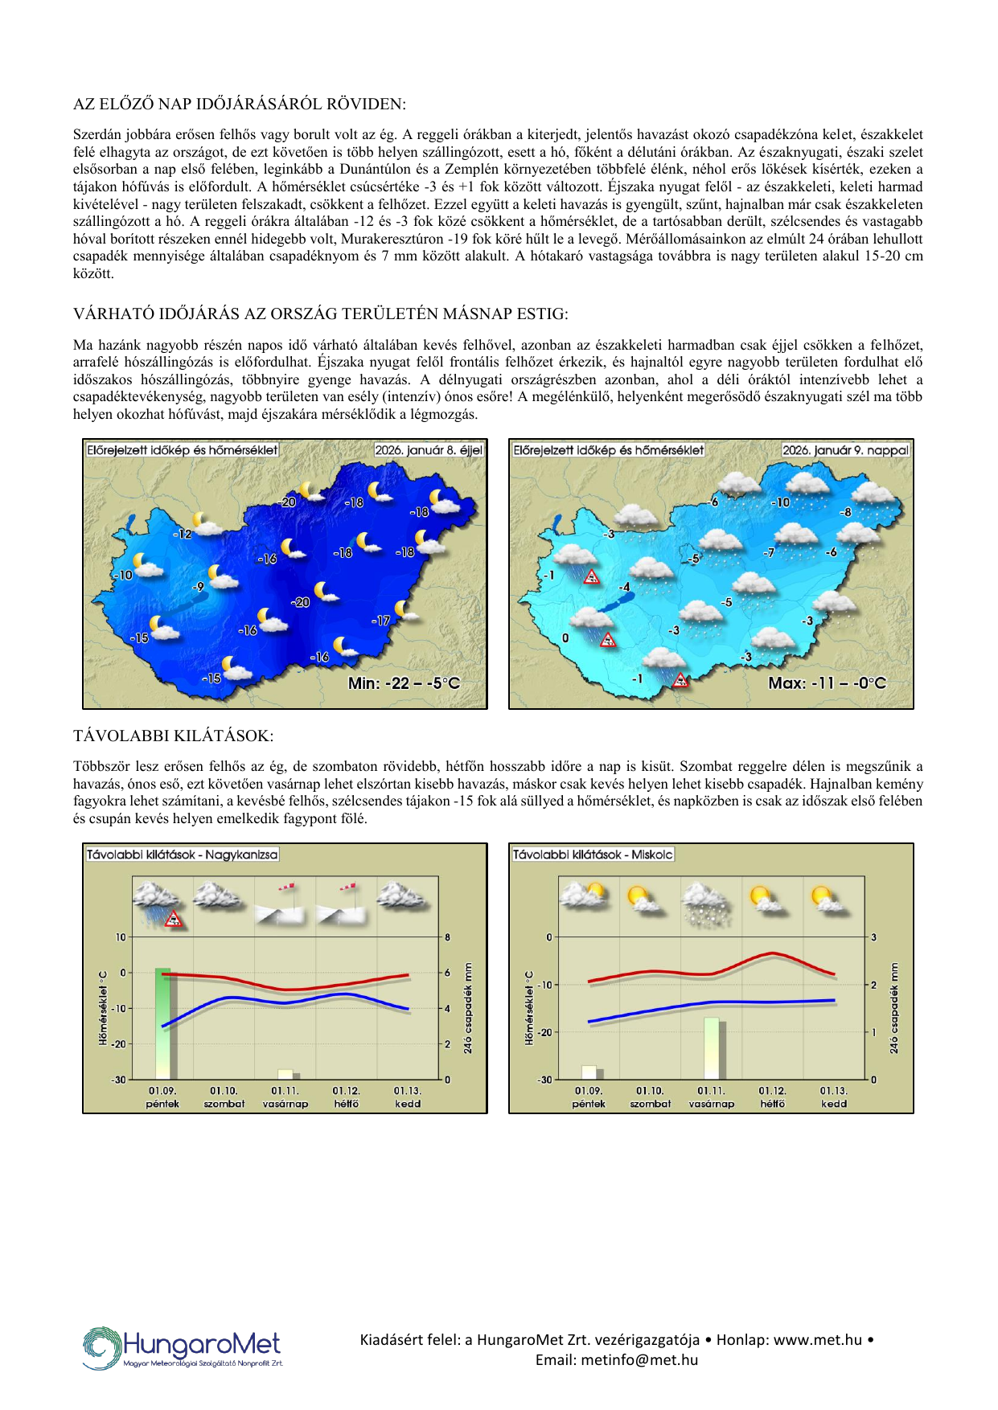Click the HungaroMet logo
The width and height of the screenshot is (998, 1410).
coord(183,1347)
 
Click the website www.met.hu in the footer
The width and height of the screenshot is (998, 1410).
coord(818,1340)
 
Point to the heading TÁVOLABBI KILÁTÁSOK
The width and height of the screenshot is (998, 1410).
coord(173,736)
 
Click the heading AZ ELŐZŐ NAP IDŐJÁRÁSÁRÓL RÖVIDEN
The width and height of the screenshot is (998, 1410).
coord(240,104)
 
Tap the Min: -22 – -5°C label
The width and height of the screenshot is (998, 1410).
coord(404,683)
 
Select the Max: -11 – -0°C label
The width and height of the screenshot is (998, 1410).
coord(827,683)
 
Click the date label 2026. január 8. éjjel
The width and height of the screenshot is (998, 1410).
coord(429,450)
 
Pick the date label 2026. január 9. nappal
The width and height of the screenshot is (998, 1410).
coord(845,450)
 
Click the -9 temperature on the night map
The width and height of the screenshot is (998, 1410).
coord(198,587)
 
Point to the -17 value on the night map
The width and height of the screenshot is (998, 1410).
coord(380,621)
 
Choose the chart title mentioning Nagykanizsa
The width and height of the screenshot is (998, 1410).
coord(183,855)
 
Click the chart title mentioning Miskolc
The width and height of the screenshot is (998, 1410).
coord(593,855)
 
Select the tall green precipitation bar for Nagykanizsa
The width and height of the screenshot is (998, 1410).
coord(162,1023)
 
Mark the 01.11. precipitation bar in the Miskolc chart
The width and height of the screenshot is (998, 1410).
coord(712,1048)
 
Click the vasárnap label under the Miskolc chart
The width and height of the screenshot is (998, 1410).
coord(712,1104)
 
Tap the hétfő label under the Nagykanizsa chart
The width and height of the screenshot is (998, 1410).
coord(347,1104)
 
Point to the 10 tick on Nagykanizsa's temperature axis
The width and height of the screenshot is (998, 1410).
coord(121,937)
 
